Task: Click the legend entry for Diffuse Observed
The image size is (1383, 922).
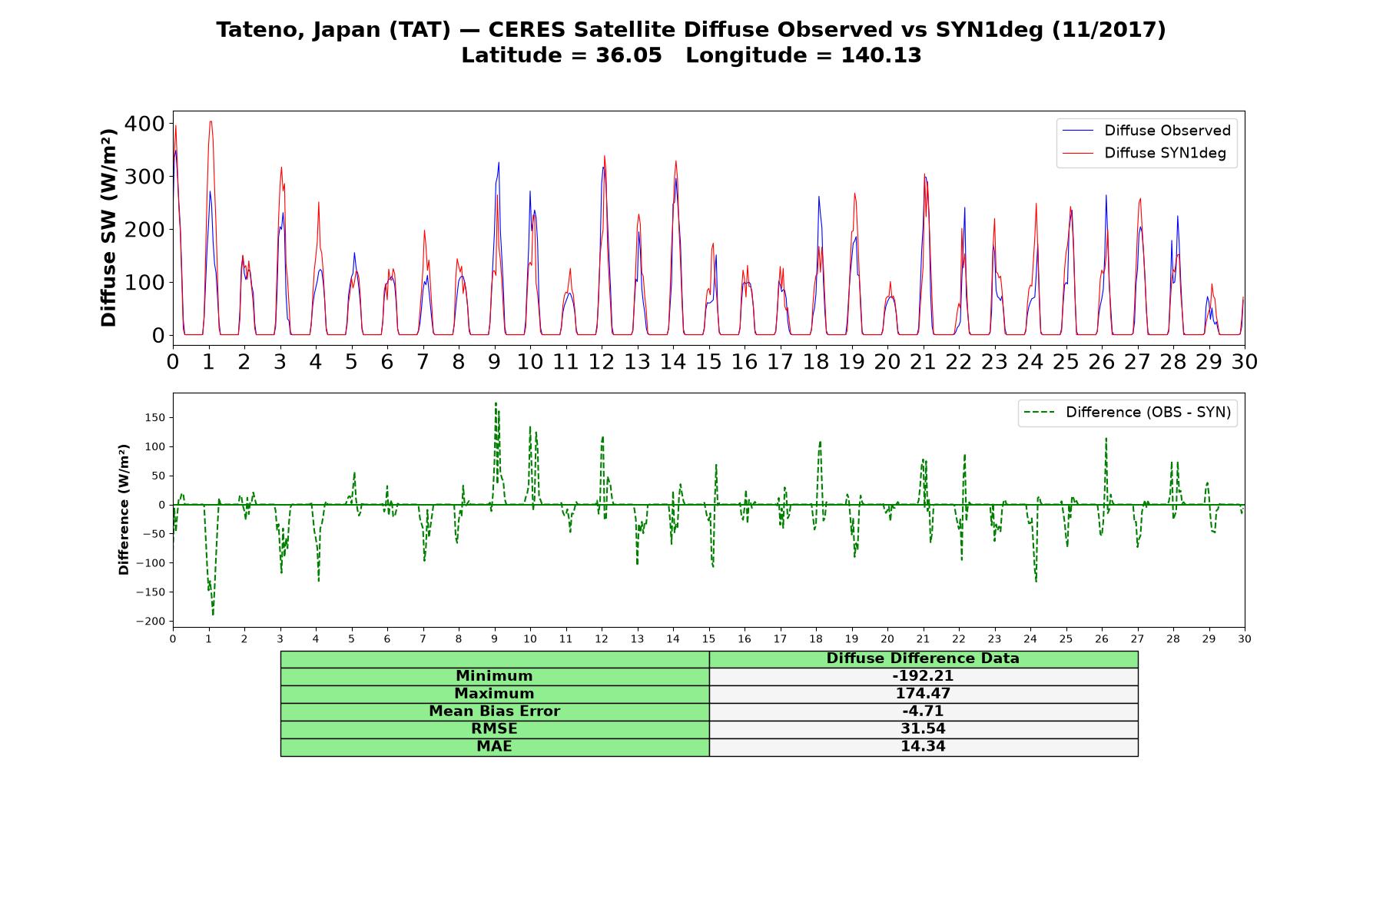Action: [x=1146, y=131]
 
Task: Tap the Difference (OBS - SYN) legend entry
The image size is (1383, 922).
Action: [x=1128, y=413]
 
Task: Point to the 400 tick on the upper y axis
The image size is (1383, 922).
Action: [x=144, y=124]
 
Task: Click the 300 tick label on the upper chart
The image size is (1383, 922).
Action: [x=144, y=177]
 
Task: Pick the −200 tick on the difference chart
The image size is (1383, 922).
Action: [x=151, y=621]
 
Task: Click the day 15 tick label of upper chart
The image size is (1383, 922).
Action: [x=708, y=362]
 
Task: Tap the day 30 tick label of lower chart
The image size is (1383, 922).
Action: [x=1244, y=639]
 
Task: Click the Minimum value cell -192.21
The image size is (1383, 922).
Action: [x=923, y=676]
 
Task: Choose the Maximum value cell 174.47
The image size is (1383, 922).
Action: [x=923, y=694]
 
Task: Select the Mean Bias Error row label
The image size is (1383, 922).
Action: [x=494, y=711]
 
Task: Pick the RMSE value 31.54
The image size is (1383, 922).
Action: [x=923, y=729]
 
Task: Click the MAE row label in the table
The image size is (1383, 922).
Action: [x=494, y=747]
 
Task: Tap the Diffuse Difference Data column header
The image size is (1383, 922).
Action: [x=923, y=658]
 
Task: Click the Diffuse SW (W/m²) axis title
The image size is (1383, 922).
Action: [x=108, y=227]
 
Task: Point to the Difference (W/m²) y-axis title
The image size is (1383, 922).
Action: [x=124, y=509]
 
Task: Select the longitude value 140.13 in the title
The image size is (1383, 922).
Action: [x=881, y=55]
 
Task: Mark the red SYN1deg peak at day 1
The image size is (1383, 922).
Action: [x=210, y=121]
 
